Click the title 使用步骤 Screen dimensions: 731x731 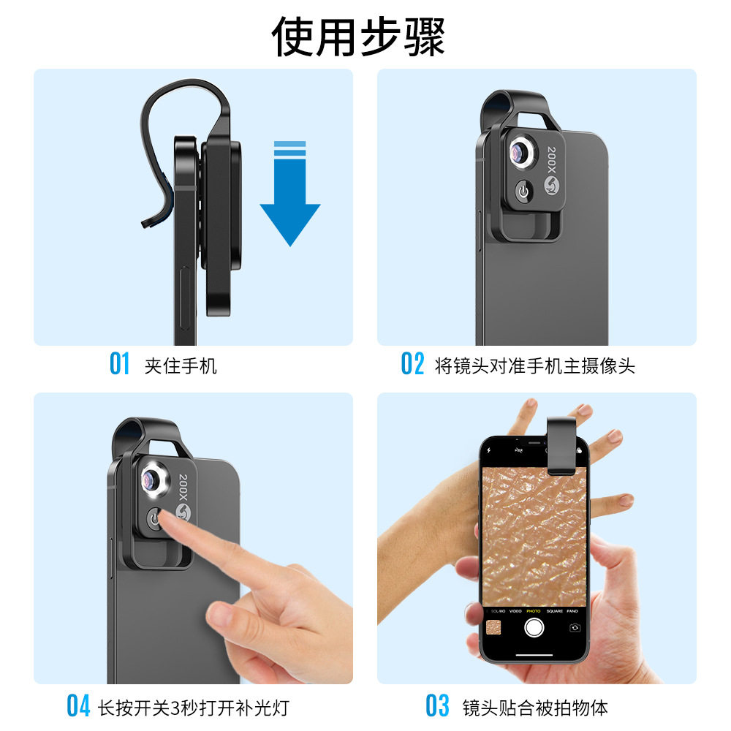[358, 35]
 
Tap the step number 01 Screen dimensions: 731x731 [119, 363]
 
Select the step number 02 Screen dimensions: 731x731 [412, 363]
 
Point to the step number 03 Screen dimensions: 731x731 [437, 706]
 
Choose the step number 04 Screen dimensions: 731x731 [78, 706]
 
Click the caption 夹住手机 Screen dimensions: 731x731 [181, 365]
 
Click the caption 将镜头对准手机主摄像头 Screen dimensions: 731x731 [534, 365]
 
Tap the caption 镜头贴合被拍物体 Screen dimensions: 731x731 [535, 707]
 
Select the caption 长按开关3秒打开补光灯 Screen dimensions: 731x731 [194, 707]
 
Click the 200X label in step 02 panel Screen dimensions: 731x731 [552, 157]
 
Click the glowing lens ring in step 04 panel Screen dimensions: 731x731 [155, 480]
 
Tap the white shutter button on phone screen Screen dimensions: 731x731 [534, 626]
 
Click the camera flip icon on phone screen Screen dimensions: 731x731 [575, 627]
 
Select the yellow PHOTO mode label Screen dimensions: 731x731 [534, 610]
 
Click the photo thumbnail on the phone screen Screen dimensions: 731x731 [493, 627]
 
